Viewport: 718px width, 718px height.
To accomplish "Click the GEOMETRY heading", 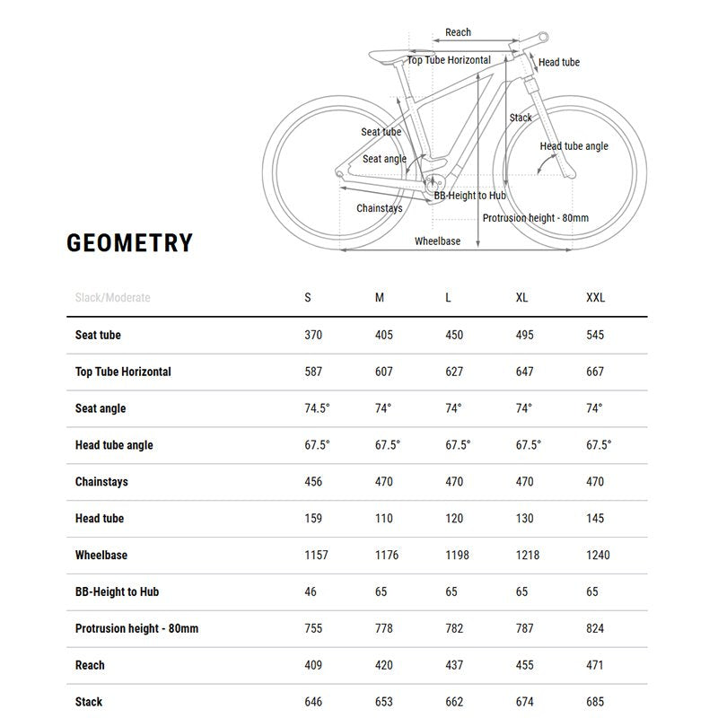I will (129, 243).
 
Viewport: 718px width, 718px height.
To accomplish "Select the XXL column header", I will (595, 298).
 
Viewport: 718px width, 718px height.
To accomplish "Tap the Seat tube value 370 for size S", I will (313, 335).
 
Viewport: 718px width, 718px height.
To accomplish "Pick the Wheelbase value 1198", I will (457, 556).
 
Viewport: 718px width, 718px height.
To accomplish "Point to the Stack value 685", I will (595, 702).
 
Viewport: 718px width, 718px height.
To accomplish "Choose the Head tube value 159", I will (313, 519).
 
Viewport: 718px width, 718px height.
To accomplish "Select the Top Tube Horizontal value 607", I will (384, 372).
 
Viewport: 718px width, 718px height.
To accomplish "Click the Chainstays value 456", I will (313, 482).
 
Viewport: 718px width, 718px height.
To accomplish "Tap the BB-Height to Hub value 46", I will (311, 592).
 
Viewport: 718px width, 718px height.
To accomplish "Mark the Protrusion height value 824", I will (595, 629).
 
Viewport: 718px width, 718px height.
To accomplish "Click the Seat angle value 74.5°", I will (318, 408).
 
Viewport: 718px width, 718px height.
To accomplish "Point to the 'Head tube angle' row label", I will (114, 445).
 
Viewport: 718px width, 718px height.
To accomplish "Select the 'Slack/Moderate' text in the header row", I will (113, 298).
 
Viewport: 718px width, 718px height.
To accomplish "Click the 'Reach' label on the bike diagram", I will (458, 32).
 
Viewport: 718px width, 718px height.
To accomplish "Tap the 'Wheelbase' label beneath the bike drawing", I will (438, 241).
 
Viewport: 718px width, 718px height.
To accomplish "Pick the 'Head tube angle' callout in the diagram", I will (574, 146).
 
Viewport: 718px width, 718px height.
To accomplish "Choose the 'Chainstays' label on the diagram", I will (380, 208).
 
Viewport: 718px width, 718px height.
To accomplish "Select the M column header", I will (380, 298).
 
